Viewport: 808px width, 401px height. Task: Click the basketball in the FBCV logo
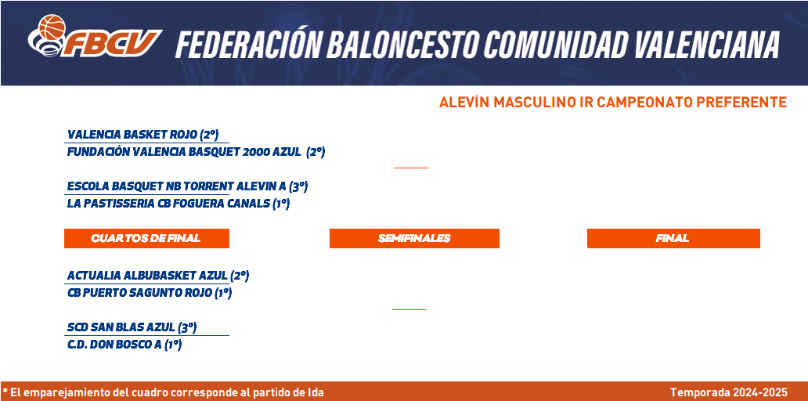pos(52,27)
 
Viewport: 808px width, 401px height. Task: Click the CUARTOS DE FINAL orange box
pos(146,238)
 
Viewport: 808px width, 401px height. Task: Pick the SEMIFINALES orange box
pos(414,238)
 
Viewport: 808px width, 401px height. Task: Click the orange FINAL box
pos(673,238)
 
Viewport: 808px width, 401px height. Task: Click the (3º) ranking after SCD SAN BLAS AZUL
pos(188,327)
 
